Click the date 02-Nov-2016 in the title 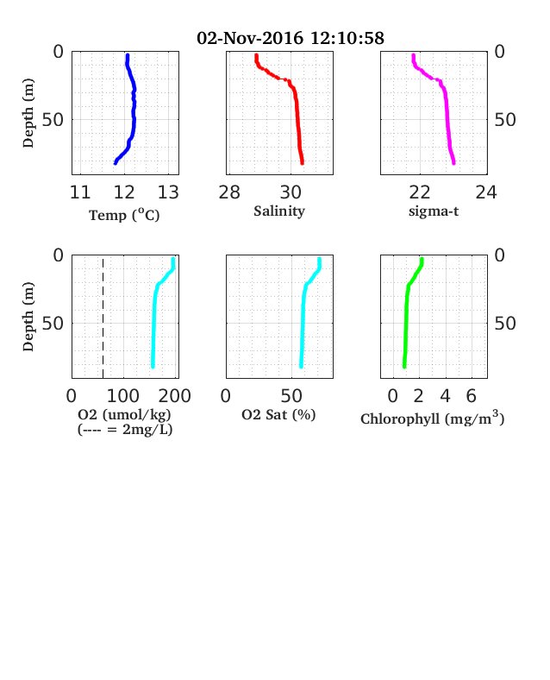(x=250, y=38)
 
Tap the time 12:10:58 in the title (x=347, y=38)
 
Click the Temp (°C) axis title (x=124, y=215)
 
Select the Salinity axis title (x=279, y=211)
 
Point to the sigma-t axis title (x=434, y=211)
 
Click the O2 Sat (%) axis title (x=278, y=415)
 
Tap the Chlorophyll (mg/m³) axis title (x=433, y=418)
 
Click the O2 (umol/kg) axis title (x=124, y=414)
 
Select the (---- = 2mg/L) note (x=125, y=430)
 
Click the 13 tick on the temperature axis (x=168, y=192)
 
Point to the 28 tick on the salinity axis (x=229, y=192)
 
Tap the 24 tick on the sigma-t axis (x=486, y=192)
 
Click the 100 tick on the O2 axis (x=123, y=396)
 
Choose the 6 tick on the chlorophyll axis (x=472, y=396)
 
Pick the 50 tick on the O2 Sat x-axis (x=291, y=396)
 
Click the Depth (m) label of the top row (x=28, y=113)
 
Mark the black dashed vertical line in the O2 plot (x=103, y=317)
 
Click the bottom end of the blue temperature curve (x=116, y=163)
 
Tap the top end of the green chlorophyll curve (x=422, y=260)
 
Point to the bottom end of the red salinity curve (x=303, y=163)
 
